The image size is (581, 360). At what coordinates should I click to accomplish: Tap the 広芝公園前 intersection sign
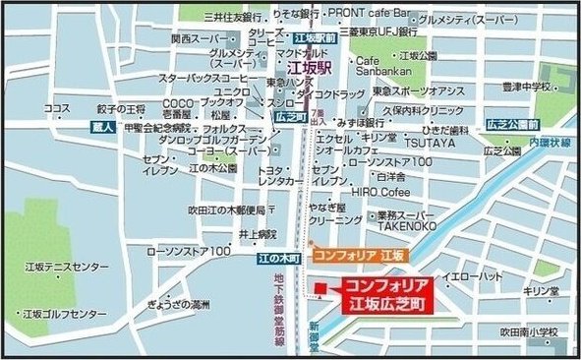[513, 125]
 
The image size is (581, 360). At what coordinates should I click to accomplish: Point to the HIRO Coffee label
[381, 193]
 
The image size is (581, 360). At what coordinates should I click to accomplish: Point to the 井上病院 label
[257, 234]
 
